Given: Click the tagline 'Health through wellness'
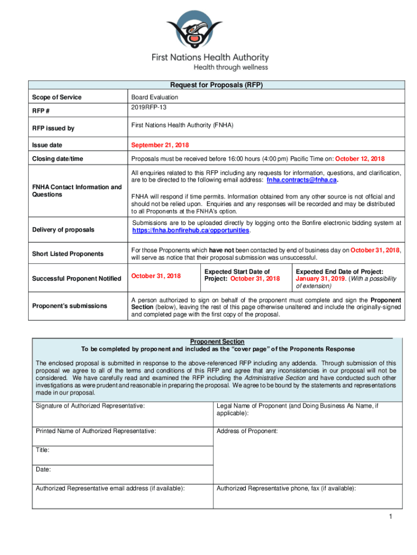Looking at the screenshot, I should pos(231,67).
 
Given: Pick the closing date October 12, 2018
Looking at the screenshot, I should pos(360,159).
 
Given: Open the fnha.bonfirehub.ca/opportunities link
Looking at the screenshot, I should pos(191,230).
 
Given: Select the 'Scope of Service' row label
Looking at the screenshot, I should pos(57,97).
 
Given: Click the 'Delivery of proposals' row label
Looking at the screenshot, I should pos(62,230).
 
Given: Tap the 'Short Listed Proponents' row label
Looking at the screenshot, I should pos(67,254).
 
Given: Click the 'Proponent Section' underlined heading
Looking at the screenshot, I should pos(217,341).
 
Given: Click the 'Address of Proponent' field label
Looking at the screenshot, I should pos(247,431).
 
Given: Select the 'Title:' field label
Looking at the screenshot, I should pos(43,450).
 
